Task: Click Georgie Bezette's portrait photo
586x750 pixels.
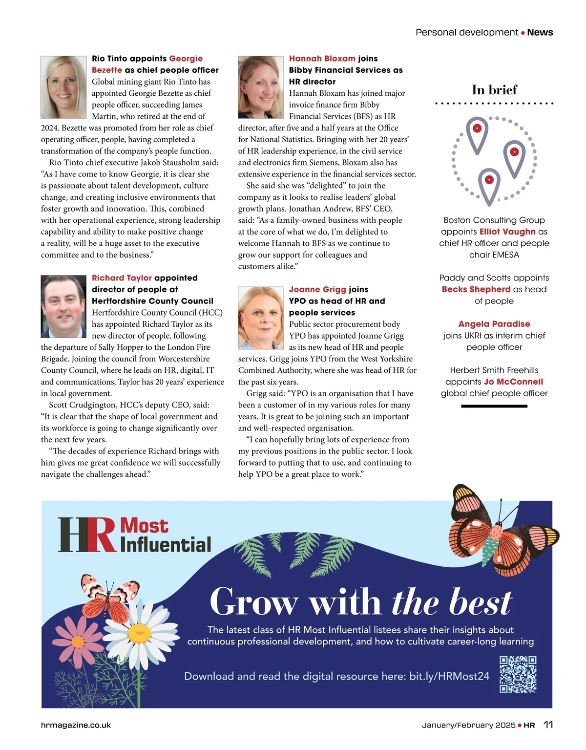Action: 63,87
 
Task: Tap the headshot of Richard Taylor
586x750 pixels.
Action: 63,306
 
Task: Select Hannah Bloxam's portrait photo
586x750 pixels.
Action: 261,87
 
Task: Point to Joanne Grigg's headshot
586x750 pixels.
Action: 261,318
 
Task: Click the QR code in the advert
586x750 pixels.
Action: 518,674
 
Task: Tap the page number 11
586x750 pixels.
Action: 548,725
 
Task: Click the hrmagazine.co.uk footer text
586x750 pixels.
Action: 76,725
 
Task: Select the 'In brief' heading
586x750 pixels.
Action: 494,90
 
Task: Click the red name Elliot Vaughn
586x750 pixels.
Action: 507,232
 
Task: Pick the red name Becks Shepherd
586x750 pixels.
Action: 476,289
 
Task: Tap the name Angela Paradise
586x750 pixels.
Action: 494,324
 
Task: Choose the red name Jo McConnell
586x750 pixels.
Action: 513,382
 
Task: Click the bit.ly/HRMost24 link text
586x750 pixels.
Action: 449,676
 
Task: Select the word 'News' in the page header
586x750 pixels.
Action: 540,33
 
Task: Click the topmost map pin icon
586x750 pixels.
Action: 477,132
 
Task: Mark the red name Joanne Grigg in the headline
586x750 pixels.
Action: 317,289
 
